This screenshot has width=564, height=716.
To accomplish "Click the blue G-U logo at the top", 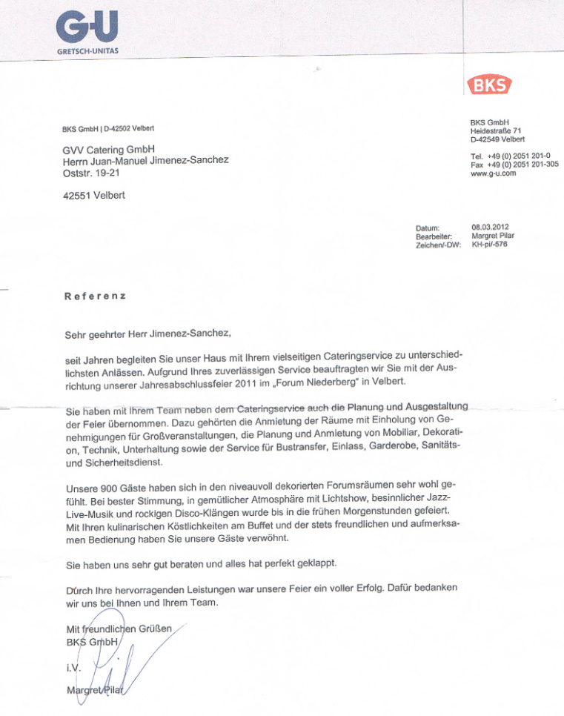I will click(x=87, y=28).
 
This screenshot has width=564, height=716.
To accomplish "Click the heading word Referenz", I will click(x=96, y=296).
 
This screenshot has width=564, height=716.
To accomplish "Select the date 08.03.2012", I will click(x=490, y=227).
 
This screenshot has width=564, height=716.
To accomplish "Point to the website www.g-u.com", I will click(x=493, y=173).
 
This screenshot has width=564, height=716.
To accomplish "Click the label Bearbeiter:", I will click(x=434, y=236).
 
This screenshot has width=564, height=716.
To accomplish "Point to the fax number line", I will click(x=514, y=165).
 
